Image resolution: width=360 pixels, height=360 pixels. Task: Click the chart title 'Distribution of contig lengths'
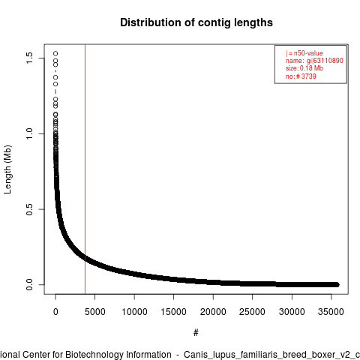(196, 22)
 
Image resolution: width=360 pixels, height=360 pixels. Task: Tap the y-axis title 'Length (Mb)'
(7, 169)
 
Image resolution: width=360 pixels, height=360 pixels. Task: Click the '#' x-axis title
(196, 332)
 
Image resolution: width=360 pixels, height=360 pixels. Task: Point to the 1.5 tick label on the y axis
(29, 58)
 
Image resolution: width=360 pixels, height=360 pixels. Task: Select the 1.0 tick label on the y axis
(29, 133)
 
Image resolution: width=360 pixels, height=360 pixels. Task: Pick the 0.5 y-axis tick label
(29, 209)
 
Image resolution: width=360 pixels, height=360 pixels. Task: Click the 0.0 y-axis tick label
(29, 285)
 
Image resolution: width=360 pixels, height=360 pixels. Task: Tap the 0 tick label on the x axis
(55, 312)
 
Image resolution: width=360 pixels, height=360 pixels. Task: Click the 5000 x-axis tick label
(94, 312)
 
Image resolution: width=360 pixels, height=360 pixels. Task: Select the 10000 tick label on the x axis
(134, 312)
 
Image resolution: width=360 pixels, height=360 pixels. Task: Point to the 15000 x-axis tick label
(173, 312)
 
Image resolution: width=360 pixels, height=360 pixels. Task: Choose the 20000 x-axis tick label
(213, 312)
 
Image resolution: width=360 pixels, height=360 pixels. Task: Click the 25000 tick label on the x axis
(252, 312)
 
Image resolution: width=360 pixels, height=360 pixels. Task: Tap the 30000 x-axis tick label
(292, 312)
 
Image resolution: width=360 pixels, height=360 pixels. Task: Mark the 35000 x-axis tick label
(331, 312)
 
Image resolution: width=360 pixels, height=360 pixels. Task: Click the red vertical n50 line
(85, 169)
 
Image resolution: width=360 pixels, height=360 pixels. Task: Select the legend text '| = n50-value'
(304, 53)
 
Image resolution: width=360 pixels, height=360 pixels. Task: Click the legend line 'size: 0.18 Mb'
(304, 68)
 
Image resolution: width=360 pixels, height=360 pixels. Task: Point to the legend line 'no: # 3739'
(301, 76)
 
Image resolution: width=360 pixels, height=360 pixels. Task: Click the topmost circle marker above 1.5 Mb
(55, 53)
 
